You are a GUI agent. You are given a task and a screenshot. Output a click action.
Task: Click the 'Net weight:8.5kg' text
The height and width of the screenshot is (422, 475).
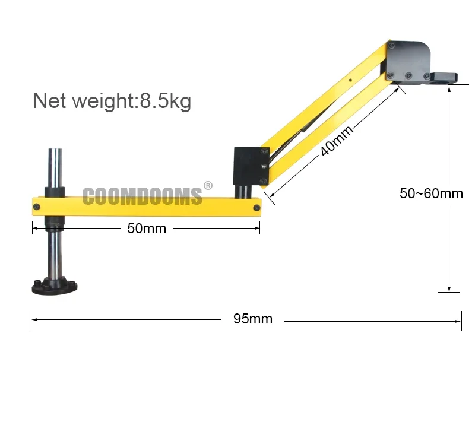point(112,100)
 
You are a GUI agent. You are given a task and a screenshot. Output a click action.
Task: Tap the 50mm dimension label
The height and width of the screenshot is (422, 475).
point(146,229)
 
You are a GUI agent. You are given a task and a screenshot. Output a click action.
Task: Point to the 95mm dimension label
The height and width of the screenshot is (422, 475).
point(252,319)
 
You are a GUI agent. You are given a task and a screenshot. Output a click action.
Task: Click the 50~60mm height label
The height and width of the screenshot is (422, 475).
point(431,193)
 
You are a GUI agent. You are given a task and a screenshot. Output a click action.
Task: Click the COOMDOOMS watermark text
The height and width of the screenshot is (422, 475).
point(142,196)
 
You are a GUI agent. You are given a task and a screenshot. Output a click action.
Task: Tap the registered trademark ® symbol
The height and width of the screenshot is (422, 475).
point(208,186)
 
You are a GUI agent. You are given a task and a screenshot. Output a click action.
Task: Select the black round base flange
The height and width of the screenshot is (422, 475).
point(55,287)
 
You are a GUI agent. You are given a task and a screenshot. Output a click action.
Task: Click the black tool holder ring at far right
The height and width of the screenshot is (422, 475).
point(445,78)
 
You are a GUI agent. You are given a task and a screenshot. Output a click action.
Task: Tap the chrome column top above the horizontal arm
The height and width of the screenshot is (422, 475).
point(54,167)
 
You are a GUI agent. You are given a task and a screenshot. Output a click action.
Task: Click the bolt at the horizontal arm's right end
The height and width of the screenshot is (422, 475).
point(256,207)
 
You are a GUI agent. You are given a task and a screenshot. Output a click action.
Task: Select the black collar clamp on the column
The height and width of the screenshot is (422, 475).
point(54,192)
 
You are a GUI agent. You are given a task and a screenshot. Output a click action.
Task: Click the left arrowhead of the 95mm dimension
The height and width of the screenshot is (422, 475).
point(34,319)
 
